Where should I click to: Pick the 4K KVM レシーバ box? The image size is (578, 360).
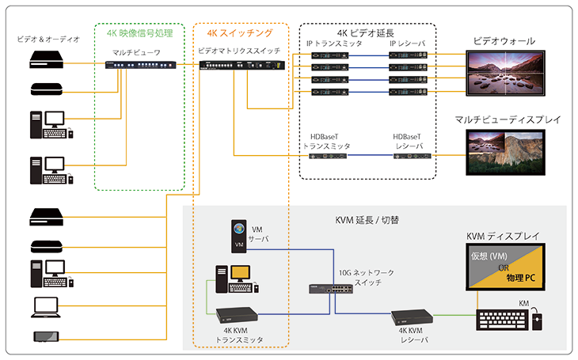(x=409, y=318)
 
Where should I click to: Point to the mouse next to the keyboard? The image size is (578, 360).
(x=538, y=320)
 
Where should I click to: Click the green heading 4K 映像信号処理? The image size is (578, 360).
(x=139, y=33)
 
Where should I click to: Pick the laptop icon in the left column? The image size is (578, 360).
(x=46, y=305)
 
